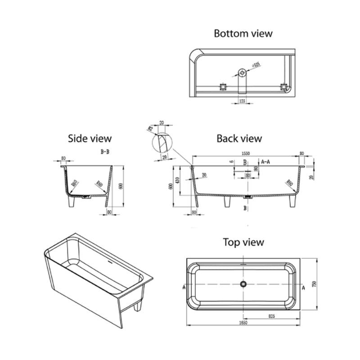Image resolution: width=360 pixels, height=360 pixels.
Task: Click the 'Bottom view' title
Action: (243, 33)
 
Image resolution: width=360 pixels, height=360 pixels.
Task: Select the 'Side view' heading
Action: (90, 138)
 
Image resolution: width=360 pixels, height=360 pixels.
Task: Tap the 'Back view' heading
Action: (239, 138)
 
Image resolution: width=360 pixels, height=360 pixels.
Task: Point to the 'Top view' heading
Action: (243, 242)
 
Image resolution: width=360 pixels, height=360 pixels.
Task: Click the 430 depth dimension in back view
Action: (179, 180)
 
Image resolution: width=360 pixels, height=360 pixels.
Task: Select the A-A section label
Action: (265, 161)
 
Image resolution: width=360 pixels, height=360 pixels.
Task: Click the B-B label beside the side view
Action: (105, 153)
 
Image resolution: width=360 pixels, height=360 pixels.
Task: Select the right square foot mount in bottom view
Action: (283, 85)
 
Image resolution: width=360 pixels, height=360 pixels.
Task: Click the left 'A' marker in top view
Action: (184, 287)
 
